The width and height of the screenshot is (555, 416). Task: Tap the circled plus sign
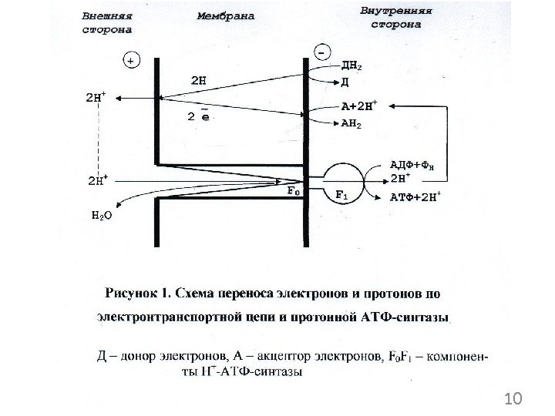(132, 59)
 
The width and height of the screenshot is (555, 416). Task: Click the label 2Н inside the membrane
(199, 79)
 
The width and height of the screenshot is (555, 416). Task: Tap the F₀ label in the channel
(294, 190)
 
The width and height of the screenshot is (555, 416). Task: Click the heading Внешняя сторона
(108, 22)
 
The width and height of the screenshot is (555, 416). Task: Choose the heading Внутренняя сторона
(396, 18)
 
